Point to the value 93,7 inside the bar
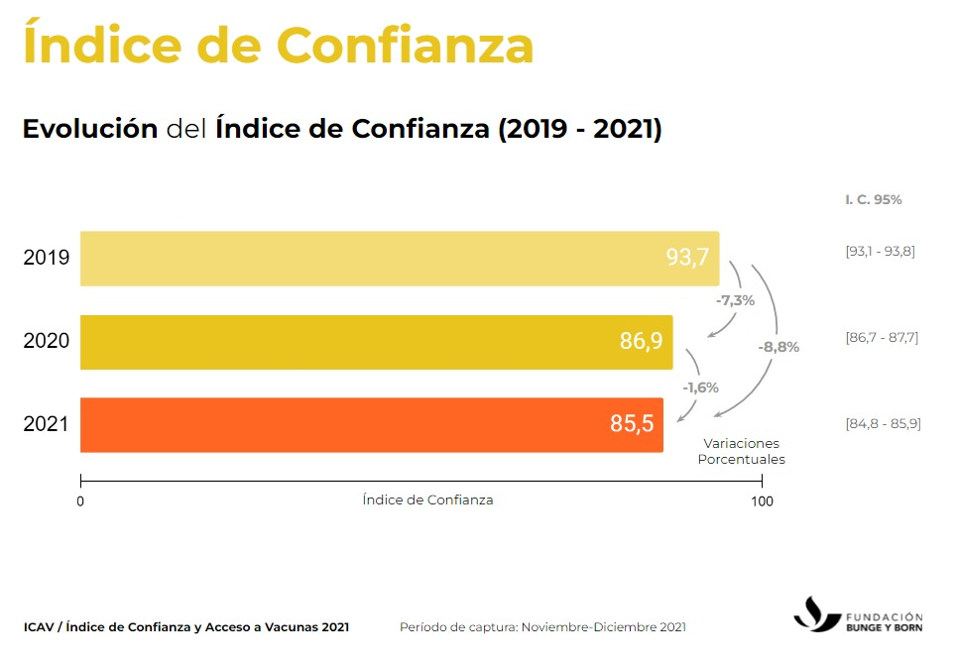pyautogui.click(x=687, y=258)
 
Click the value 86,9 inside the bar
pyautogui.click(x=641, y=342)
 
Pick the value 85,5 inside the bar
pyautogui.click(x=632, y=424)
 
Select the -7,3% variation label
pyautogui.click(x=735, y=300)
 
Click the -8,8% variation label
pyautogui.click(x=778, y=347)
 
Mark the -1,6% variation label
pyautogui.click(x=699, y=388)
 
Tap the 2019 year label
pyautogui.click(x=46, y=259)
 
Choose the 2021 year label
pyautogui.click(x=46, y=425)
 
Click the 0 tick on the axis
pyautogui.click(x=80, y=501)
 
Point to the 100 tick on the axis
pyautogui.click(x=762, y=501)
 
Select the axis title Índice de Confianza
pyautogui.click(x=427, y=499)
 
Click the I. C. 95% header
pyautogui.click(x=873, y=199)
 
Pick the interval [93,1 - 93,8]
pyautogui.click(x=880, y=251)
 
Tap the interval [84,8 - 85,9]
pyautogui.click(x=883, y=424)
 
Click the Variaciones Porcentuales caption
pyautogui.click(x=741, y=452)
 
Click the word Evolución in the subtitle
pyautogui.click(x=90, y=129)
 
